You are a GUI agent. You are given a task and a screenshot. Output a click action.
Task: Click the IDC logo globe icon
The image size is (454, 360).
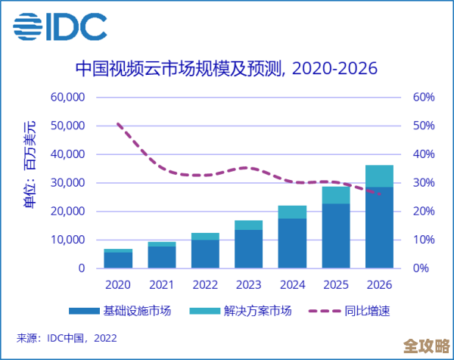(x=30, y=29)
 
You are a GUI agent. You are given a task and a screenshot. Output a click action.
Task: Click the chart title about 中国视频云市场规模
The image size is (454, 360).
(x=226, y=70)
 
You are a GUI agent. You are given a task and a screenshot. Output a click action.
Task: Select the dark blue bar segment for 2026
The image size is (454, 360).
(x=379, y=228)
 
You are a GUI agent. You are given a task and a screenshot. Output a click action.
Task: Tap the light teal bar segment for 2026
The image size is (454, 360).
(x=379, y=175)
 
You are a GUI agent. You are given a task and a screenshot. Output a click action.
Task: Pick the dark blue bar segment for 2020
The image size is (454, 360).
(x=117, y=260)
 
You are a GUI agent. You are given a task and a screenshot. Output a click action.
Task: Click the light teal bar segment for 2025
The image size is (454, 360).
(x=335, y=195)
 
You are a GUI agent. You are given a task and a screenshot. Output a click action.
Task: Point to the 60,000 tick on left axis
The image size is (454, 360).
(x=67, y=98)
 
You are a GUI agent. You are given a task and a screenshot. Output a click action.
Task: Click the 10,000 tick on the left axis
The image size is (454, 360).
(x=67, y=240)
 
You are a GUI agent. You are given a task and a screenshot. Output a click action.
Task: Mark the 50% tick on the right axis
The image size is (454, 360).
(x=423, y=126)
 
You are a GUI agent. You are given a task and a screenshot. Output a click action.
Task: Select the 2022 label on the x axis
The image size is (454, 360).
(x=204, y=284)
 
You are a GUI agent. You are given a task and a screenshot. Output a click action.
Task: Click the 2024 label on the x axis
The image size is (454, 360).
(x=292, y=284)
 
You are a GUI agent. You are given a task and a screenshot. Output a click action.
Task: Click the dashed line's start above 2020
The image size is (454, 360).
(x=117, y=123)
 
